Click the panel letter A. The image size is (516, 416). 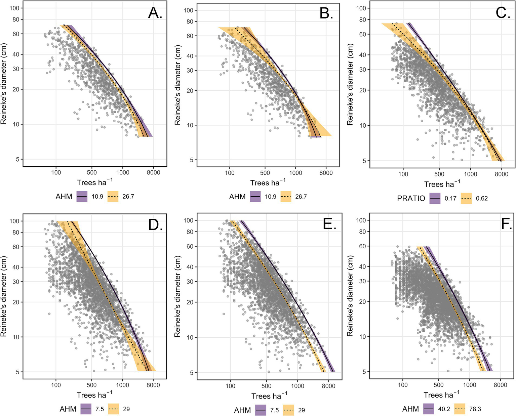pyautogui.click(x=155, y=13)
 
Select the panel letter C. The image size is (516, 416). pyautogui.click(x=503, y=13)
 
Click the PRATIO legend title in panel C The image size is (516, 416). pyautogui.click(x=411, y=198)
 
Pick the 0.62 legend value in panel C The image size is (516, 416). pyautogui.click(x=482, y=198)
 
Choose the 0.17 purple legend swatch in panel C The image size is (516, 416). pyautogui.click(x=435, y=198)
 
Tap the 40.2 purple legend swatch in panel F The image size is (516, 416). pyautogui.click(x=429, y=409)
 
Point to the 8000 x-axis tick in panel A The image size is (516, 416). pyautogui.click(x=154, y=173)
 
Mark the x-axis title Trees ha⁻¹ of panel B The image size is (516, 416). pyautogui.click(x=268, y=182)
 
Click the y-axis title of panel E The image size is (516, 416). pyautogui.click(x=177, y=296)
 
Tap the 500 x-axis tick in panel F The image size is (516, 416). pyautogui.click(x=438, y=385)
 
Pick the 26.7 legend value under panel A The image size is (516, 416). pyautogui.click(x=128, y=197)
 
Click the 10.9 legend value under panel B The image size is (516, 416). pyautogui.click(x=271, y=197)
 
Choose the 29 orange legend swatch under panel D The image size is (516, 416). pyautogui.click(x=113, y=409)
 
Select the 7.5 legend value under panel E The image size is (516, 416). pyautogui.click(x=275, y=410)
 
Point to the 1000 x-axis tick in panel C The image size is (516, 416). pyautogui.click(x=470, y=174)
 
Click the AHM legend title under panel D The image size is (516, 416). pyautogui.click(x=68, y=409)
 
